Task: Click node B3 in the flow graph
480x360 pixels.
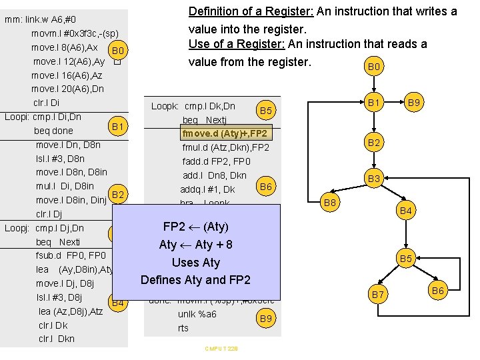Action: click(375, 179)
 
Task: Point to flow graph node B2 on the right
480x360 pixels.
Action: click(375, 142)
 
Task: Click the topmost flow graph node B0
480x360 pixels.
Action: click(375, 67)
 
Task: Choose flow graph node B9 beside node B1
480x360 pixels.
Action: click(414, 103)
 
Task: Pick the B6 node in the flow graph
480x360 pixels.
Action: click(438, 290)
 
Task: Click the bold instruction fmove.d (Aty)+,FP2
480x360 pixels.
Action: click(224, 133)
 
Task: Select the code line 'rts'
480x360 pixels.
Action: click(183, 328)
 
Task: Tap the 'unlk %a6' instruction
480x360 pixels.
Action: click(197, 314)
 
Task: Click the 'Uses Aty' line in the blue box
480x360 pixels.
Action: click(195, 262)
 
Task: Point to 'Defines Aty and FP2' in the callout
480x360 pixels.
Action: click(195, 279)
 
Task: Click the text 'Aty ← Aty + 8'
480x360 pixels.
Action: click(195, 245)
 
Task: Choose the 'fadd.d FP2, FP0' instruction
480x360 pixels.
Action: click(217, 161)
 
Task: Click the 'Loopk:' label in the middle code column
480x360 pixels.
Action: click(165, 106)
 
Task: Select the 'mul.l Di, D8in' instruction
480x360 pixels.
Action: click(65, 186)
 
